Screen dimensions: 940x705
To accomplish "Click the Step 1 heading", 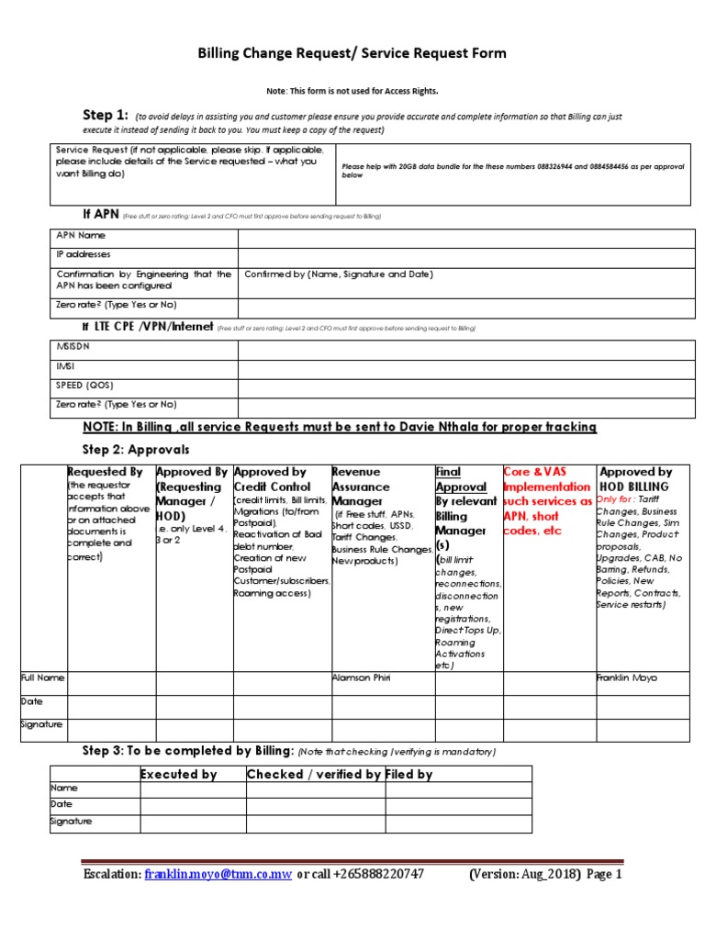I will (105, 115).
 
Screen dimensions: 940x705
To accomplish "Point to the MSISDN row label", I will (73, 348).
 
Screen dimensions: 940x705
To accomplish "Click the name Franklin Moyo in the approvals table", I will (627, 678).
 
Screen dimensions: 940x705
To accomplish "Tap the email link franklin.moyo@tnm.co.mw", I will (218, 875).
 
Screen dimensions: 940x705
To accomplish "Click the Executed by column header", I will (178, 775).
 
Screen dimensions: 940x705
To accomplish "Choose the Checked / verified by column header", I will (314, 775).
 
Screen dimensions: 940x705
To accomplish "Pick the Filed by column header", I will (409, 775).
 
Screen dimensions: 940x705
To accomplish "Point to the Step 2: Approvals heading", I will (136, 450).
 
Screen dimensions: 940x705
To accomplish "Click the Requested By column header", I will (105, 472).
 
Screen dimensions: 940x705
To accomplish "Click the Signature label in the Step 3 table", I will (71, 822).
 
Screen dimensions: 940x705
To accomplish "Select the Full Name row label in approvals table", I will (42, 678).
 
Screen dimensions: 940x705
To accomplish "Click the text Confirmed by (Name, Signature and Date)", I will (339, 274).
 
